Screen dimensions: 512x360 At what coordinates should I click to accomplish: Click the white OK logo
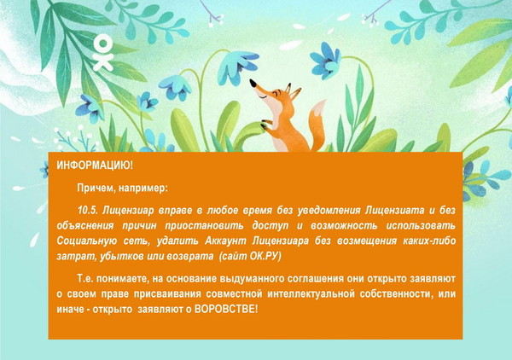103,54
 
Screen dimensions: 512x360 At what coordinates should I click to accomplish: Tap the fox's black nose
253,84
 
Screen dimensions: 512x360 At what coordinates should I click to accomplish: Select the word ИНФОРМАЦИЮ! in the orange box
95,165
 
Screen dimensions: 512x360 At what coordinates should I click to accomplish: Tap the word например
143,189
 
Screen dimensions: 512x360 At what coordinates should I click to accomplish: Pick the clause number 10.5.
88,211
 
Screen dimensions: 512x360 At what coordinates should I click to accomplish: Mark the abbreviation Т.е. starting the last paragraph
85,279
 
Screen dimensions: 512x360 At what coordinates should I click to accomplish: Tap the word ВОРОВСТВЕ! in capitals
226,309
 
